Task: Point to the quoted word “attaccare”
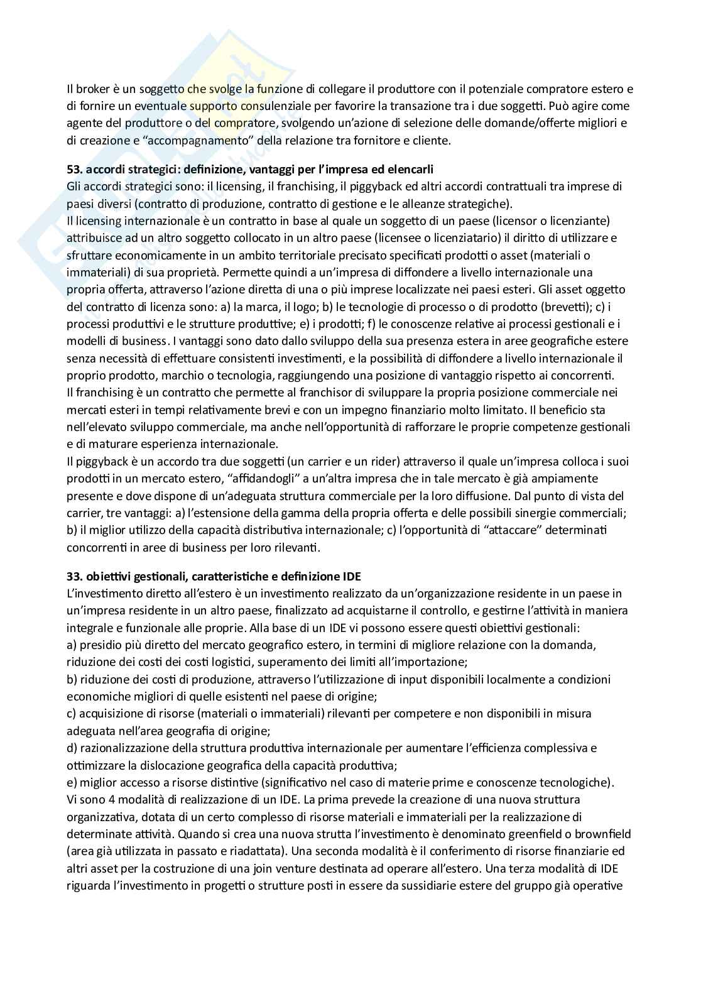pyautogui.click(x=513, y=530)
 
